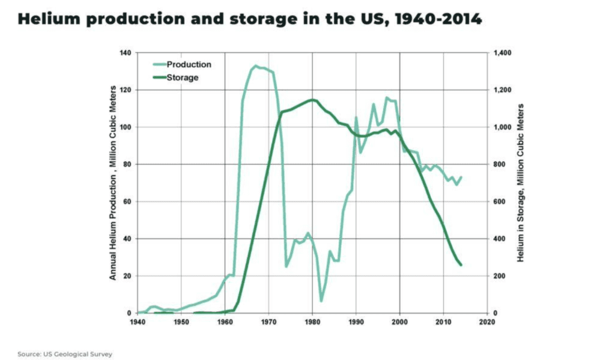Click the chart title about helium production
click(249, 19)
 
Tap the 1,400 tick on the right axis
click(502, 53)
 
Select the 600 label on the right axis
click(500, 201)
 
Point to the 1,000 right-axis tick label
click(502, 127)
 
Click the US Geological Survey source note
click(65, 354)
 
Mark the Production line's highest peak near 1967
click(256, 66)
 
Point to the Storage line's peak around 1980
click(312, 100)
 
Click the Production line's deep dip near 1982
click(321, 301)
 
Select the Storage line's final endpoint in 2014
click(461, 265)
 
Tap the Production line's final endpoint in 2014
click(461, 177)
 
